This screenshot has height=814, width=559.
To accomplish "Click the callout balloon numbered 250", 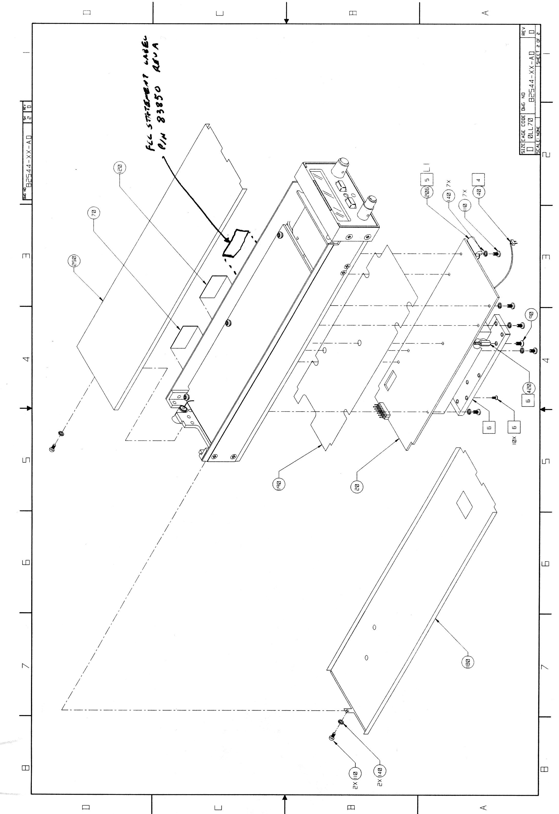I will (74, 261).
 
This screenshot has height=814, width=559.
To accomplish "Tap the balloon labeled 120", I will (120, 168).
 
